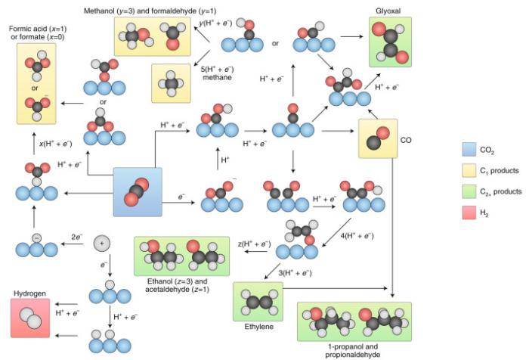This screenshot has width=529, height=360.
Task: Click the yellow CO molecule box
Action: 378,138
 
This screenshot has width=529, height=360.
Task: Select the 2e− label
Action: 76,237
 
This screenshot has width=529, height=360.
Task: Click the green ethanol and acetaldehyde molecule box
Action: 181,256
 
